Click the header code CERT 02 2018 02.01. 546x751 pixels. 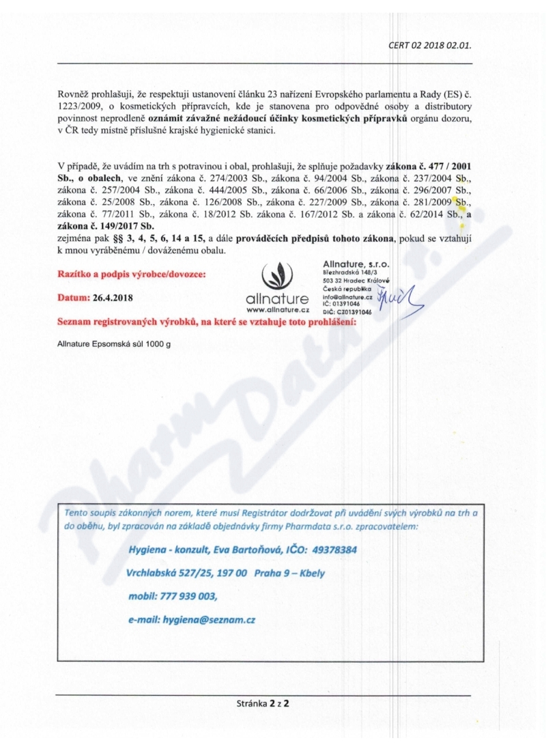pyautogui.click(x=430, y=46)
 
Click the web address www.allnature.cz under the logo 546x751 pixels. pyautogui.click(x=276, y=310)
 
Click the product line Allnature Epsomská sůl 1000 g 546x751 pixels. pyautogui.click(x=115, y=343)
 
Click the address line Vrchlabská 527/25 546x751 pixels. pyautogui.click(x=174, y=573)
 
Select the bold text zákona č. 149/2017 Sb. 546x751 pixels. pyautogui.click(x=106, y=225)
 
